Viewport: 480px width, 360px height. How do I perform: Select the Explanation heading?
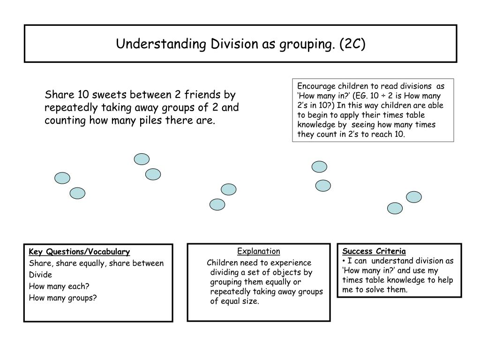[x=258, y=251]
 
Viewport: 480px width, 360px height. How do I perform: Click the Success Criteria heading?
[x=374, y=251]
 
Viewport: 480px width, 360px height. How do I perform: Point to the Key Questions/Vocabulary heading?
[x=79, y=252]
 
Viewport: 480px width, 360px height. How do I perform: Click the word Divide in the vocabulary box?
[x=40, y=275]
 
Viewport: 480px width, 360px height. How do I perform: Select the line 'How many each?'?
[x=59, y=286]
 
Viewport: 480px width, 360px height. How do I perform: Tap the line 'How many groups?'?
[x=63, y=297]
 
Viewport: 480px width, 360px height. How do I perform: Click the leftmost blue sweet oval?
[x=62, y=178]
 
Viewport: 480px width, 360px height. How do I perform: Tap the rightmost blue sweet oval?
[x=413, y=197]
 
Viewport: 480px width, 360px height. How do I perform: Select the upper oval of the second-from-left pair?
[x=142, y=159]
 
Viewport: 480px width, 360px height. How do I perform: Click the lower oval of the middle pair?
[x=217, y=204]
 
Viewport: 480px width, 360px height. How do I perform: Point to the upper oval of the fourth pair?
[x=319, y=166]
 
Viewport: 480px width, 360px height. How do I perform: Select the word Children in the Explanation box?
[x=223, y=262]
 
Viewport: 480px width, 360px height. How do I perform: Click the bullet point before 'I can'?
[x=344, y=261]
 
